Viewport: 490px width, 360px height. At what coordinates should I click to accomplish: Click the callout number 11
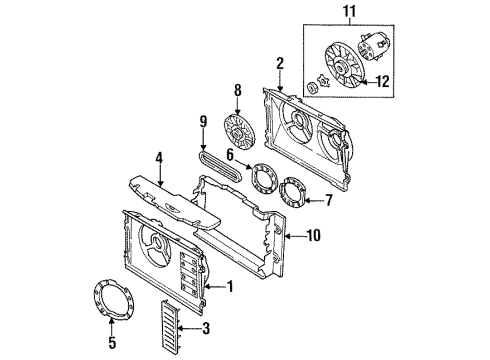[349, 11]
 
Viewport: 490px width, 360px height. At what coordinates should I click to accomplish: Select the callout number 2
[280, 63]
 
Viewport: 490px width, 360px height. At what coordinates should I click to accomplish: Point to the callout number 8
[237, 90]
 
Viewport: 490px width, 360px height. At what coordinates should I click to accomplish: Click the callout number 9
[203, 121]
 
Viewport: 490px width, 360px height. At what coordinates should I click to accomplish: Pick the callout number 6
[230, 155]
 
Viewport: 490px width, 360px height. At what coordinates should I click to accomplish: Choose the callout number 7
[329, 200]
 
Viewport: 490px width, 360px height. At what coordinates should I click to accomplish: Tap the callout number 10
[313, 236]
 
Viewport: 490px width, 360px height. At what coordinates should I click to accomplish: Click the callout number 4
[160, 158]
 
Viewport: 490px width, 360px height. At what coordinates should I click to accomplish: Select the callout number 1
[230, 286]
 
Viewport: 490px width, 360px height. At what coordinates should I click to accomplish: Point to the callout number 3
[206, 328]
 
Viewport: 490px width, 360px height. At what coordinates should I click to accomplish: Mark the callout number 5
[112, 342]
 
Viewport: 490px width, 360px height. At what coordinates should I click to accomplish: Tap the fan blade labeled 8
[239, 132]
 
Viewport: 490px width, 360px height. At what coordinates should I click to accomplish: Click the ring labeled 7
[284, 193]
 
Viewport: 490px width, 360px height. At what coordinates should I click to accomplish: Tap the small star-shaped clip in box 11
[323, 81]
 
